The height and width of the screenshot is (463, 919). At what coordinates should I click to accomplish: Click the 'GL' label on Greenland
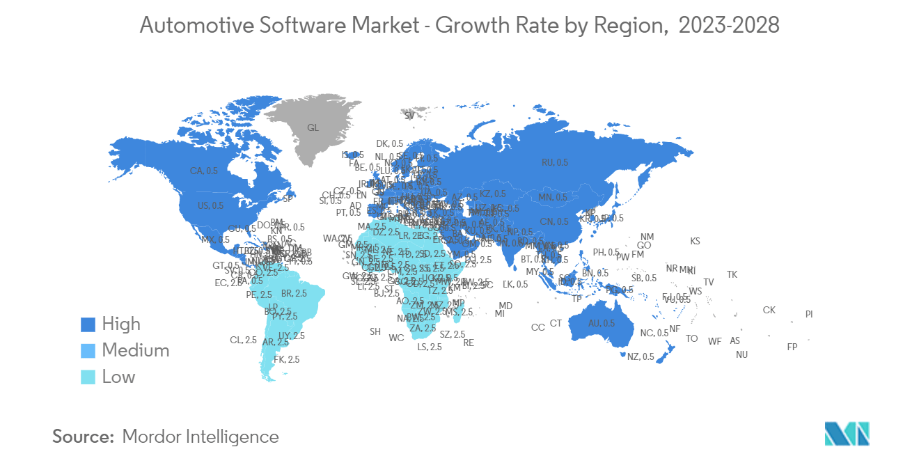pyautogui.click(x=313, y=128)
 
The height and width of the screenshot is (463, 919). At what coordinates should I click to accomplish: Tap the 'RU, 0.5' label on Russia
pyautogui.click(x=555, y=162)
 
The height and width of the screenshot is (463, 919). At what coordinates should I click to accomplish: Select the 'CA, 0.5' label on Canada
pyautogui.click(x=204, y=171)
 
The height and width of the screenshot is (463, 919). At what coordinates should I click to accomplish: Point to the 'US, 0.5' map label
pyautogui.click(x=211, y=205)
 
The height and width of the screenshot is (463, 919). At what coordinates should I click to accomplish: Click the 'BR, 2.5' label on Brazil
pyautogui.click(x=294, y=294)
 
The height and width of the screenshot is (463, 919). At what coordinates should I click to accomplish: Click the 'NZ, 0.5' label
pyautogui.click(x=641, y=357)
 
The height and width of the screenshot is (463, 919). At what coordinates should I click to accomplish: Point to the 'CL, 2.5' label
pyautogui.click(x=243, y=340)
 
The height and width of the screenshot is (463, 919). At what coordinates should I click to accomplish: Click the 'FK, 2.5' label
pyautogui.click(x=287, y=360)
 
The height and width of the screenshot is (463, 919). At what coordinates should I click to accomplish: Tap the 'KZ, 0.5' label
pyautogui.click(x=493, y=194)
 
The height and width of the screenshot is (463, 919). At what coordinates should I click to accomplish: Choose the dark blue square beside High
pyautogui.click(x=88, y=324)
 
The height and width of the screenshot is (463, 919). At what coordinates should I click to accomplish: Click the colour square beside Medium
pyautogui.click(x=88, y=351)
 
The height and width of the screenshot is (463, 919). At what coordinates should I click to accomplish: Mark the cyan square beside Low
pyautogui.click(x=88, y=377)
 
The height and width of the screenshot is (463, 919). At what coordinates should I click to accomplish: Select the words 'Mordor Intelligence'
pyautogui.click(x=201, y=437)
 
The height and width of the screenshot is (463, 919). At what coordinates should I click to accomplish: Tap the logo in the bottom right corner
pyautogui.click(x=847, y=433)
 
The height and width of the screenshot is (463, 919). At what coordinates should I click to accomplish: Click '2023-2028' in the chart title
pyautogui.click(x=728, y=26)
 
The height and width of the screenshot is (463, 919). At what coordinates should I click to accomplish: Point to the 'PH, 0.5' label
pyautogui.click(x=606, y=253)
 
